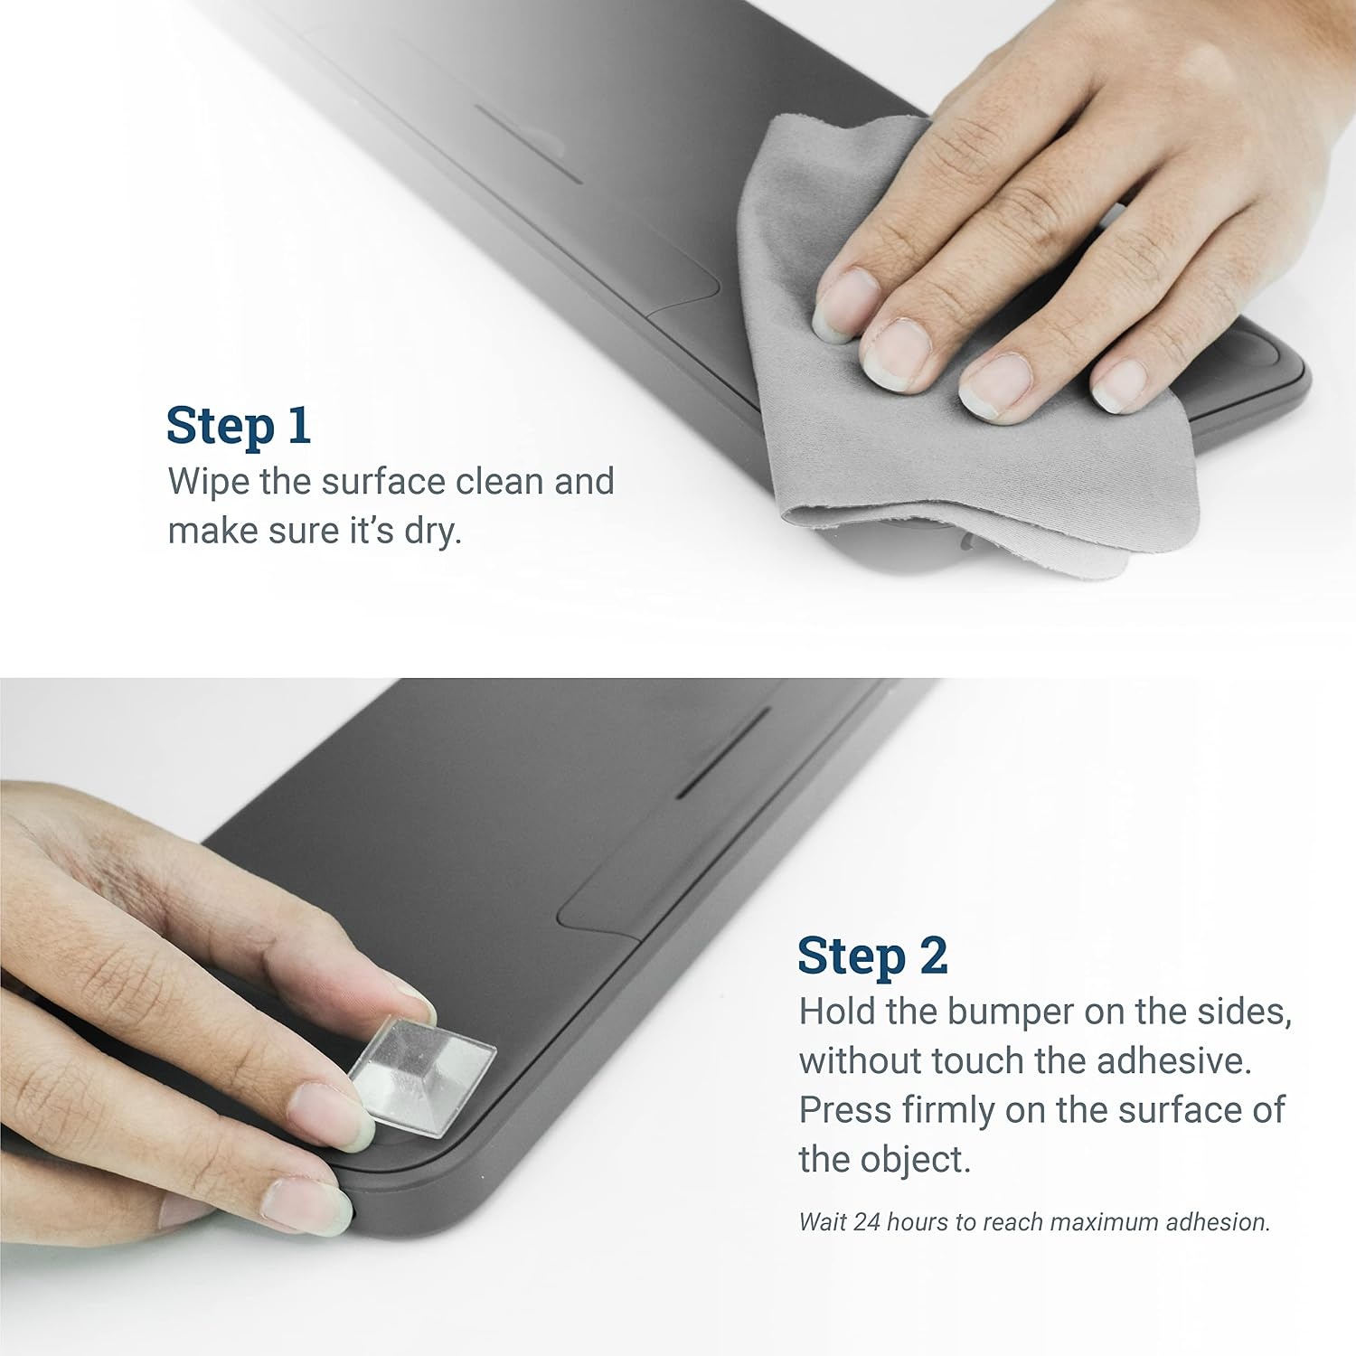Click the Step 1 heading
point(239,425)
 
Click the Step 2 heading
point(872,956)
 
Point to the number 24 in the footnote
point(866,1222)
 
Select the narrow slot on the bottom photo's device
point(722,751)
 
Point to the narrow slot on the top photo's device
point(529,145)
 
